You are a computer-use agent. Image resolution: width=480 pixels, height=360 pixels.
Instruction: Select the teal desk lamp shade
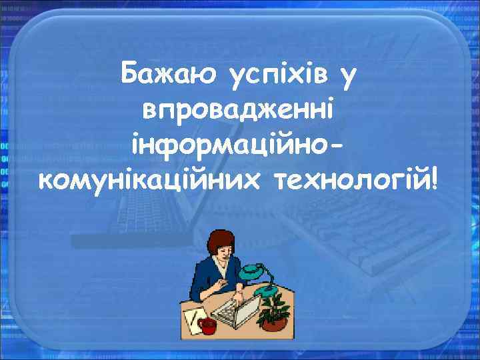(x=251, y=269)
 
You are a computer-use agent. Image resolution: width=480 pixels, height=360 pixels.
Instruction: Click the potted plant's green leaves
(x=273, y=303)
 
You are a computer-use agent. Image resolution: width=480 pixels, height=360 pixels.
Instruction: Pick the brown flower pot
(x=273, y=323)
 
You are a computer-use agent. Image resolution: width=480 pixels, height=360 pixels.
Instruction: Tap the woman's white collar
(x=219, y=264)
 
